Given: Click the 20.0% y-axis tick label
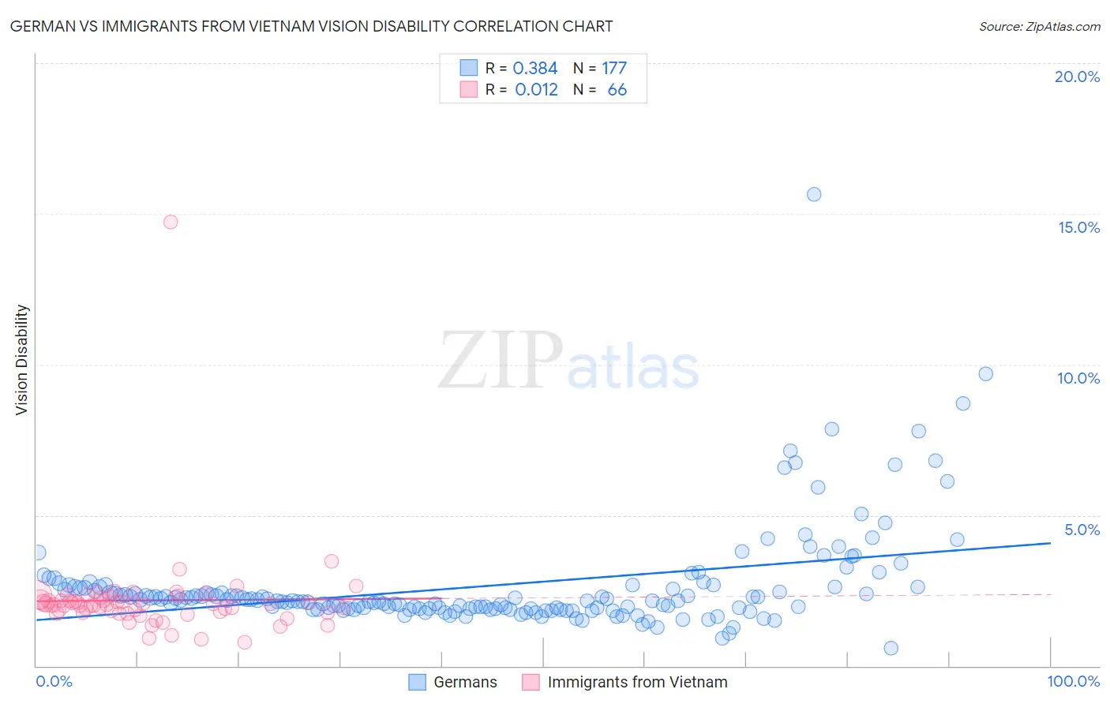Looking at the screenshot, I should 1077,77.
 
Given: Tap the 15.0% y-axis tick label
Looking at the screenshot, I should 1078,227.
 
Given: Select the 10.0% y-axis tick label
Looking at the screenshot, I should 1078,378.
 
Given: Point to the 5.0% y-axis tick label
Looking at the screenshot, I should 1082,530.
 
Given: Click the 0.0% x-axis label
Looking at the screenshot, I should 54,681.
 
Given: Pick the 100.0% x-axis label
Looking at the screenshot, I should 1073,681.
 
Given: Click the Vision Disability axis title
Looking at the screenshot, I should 22,360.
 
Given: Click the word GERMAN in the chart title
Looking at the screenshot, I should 39,26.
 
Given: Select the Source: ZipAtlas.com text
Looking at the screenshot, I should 1039,26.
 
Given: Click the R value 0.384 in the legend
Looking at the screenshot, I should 535,69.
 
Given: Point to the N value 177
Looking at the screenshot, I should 614,69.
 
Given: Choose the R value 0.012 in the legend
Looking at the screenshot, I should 536,90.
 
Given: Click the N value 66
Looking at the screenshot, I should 617,90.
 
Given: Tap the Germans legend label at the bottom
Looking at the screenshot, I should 465,682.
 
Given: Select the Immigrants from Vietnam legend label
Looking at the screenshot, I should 637,682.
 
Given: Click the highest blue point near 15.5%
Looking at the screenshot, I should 814,194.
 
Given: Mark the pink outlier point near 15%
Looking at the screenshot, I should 171,222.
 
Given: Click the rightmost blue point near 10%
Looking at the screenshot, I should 985,374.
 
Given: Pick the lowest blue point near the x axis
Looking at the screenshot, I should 891,648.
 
